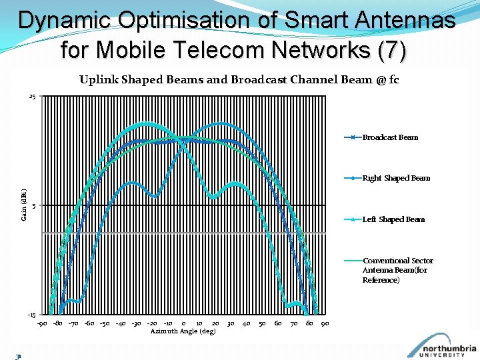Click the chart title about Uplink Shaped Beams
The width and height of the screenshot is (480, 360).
pyautogui.click(x=239, y=80)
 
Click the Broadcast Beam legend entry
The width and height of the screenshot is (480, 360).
pyautogui.click(x=390, y=137)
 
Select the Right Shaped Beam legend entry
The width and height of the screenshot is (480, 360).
pyautogui.click(x=396, y=178)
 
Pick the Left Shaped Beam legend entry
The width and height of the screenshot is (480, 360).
pyautogui.click(x=393, y=219)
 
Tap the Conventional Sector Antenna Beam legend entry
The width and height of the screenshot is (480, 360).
pyautogui.click(x=398, y=270)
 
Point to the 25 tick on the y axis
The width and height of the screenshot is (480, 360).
pyautogui.click(x=32, y=97)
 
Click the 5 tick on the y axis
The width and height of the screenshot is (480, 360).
pyautogui.click(x=33, y=205)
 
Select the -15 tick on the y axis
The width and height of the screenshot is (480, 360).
pyautogui.click(x=31, y=314)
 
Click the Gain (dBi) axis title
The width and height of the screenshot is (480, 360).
pyautogui.click(x=24, y=205)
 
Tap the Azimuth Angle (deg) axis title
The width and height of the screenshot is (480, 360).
pyautogui.click(x=183, y=331)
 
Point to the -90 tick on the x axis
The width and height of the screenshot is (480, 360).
pyautogui.click(x=41, y=324)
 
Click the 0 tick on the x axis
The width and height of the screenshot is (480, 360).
pyautogui.click(x=183, y=324)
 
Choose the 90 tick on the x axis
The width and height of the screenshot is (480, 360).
pyautogui.click(x=325, y=324)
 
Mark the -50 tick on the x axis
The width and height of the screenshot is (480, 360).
pyautogui.click(x=105, y=324)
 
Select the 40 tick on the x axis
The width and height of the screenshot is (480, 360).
pyautogui.click(x=246, y=324)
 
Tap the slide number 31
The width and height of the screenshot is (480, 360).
pyautogui.click(x=19, y=356)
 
